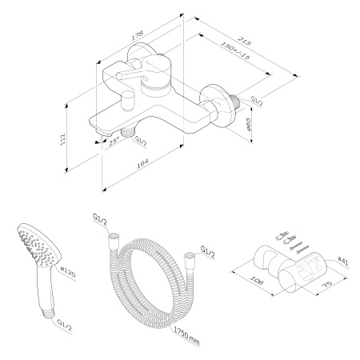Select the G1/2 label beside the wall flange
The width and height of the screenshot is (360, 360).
[258, 101]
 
